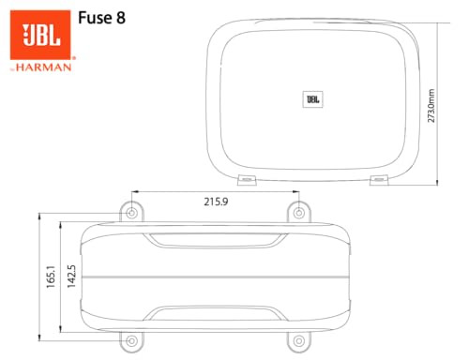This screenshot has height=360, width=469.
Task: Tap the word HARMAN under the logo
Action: tap(47, 67)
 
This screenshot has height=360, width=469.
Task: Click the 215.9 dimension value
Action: tap(216, 200)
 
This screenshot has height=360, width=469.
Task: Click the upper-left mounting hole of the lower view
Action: tap(131, 213)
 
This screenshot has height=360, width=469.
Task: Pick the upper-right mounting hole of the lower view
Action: tap(298, 213)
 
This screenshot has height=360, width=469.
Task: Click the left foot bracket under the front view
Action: tap(247, 177)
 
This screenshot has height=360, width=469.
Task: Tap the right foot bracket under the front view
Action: tap(377, 177)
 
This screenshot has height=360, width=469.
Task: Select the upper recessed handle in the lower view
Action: tap(215, 239)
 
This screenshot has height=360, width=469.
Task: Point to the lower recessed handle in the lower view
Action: tap(215, 313)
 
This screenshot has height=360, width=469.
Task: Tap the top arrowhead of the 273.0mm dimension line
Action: tap(439, 21)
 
